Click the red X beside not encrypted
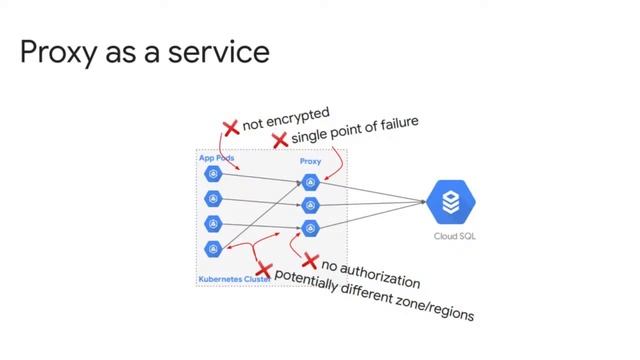[230, 128]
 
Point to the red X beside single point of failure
[280, 140]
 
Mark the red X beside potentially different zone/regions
[263, 269]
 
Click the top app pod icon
[211, 175]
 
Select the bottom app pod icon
[211, 248]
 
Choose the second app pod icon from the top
[211, 199]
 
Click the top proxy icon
[310, 183]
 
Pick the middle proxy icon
[310, 206]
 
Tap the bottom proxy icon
[310, 228]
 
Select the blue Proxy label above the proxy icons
[310, 161]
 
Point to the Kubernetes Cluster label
[229, 279]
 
